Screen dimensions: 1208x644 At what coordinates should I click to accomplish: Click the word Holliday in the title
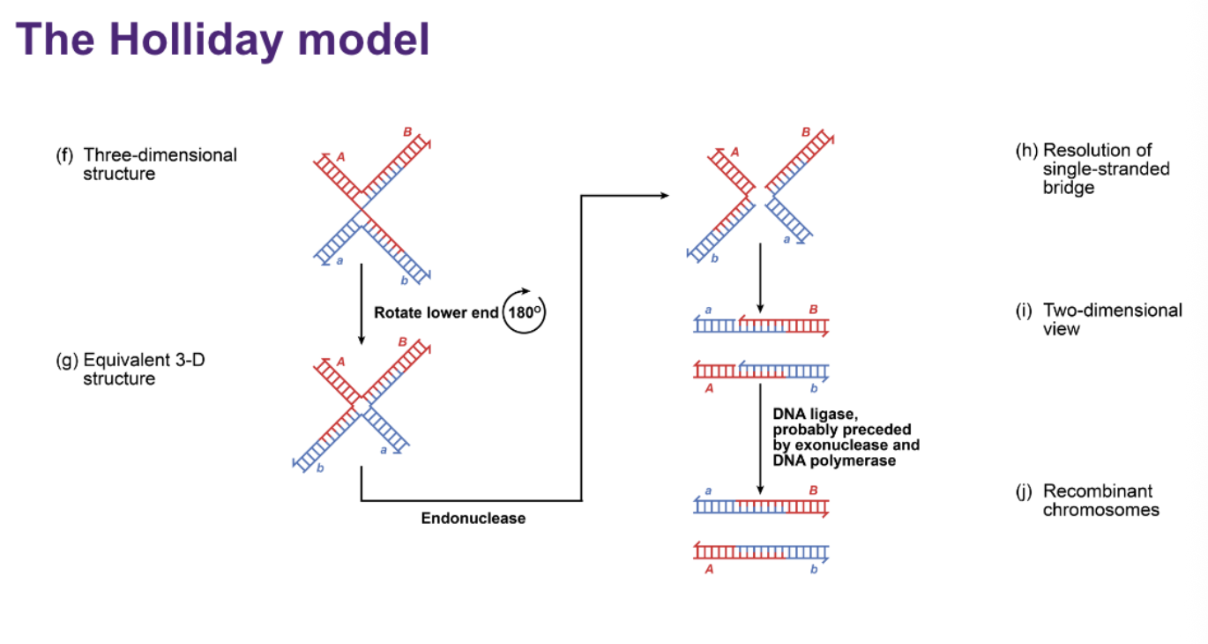[196, 40]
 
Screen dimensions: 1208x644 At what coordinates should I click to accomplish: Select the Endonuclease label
[473, 519]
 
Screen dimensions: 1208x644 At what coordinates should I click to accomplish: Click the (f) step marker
[64, 155]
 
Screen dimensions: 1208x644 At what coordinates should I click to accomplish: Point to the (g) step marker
[66, 360]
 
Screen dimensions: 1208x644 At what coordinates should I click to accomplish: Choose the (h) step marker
[1026, 151]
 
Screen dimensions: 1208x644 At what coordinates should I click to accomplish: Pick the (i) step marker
[1024, 311]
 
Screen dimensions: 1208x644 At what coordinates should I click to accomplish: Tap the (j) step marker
[1024, 491]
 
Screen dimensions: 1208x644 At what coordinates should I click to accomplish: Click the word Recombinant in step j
[1098, 490]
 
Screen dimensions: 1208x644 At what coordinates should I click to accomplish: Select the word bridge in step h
[1069, 188]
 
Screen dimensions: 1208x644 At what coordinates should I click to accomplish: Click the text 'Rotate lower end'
[436, 313]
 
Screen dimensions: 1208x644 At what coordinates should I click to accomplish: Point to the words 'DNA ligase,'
[815, 415]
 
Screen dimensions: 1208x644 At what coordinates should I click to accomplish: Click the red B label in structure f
[407, 132]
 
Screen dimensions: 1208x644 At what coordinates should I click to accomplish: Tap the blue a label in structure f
[339, 261]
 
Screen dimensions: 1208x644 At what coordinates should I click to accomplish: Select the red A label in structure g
[341, 362]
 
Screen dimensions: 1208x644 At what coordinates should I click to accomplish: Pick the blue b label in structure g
[320, 468]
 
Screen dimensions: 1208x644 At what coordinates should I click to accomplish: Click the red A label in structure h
[734, 153]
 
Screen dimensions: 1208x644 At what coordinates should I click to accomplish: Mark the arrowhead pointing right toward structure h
[665, 195]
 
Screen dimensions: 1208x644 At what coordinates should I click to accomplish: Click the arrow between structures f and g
[362, 303]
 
